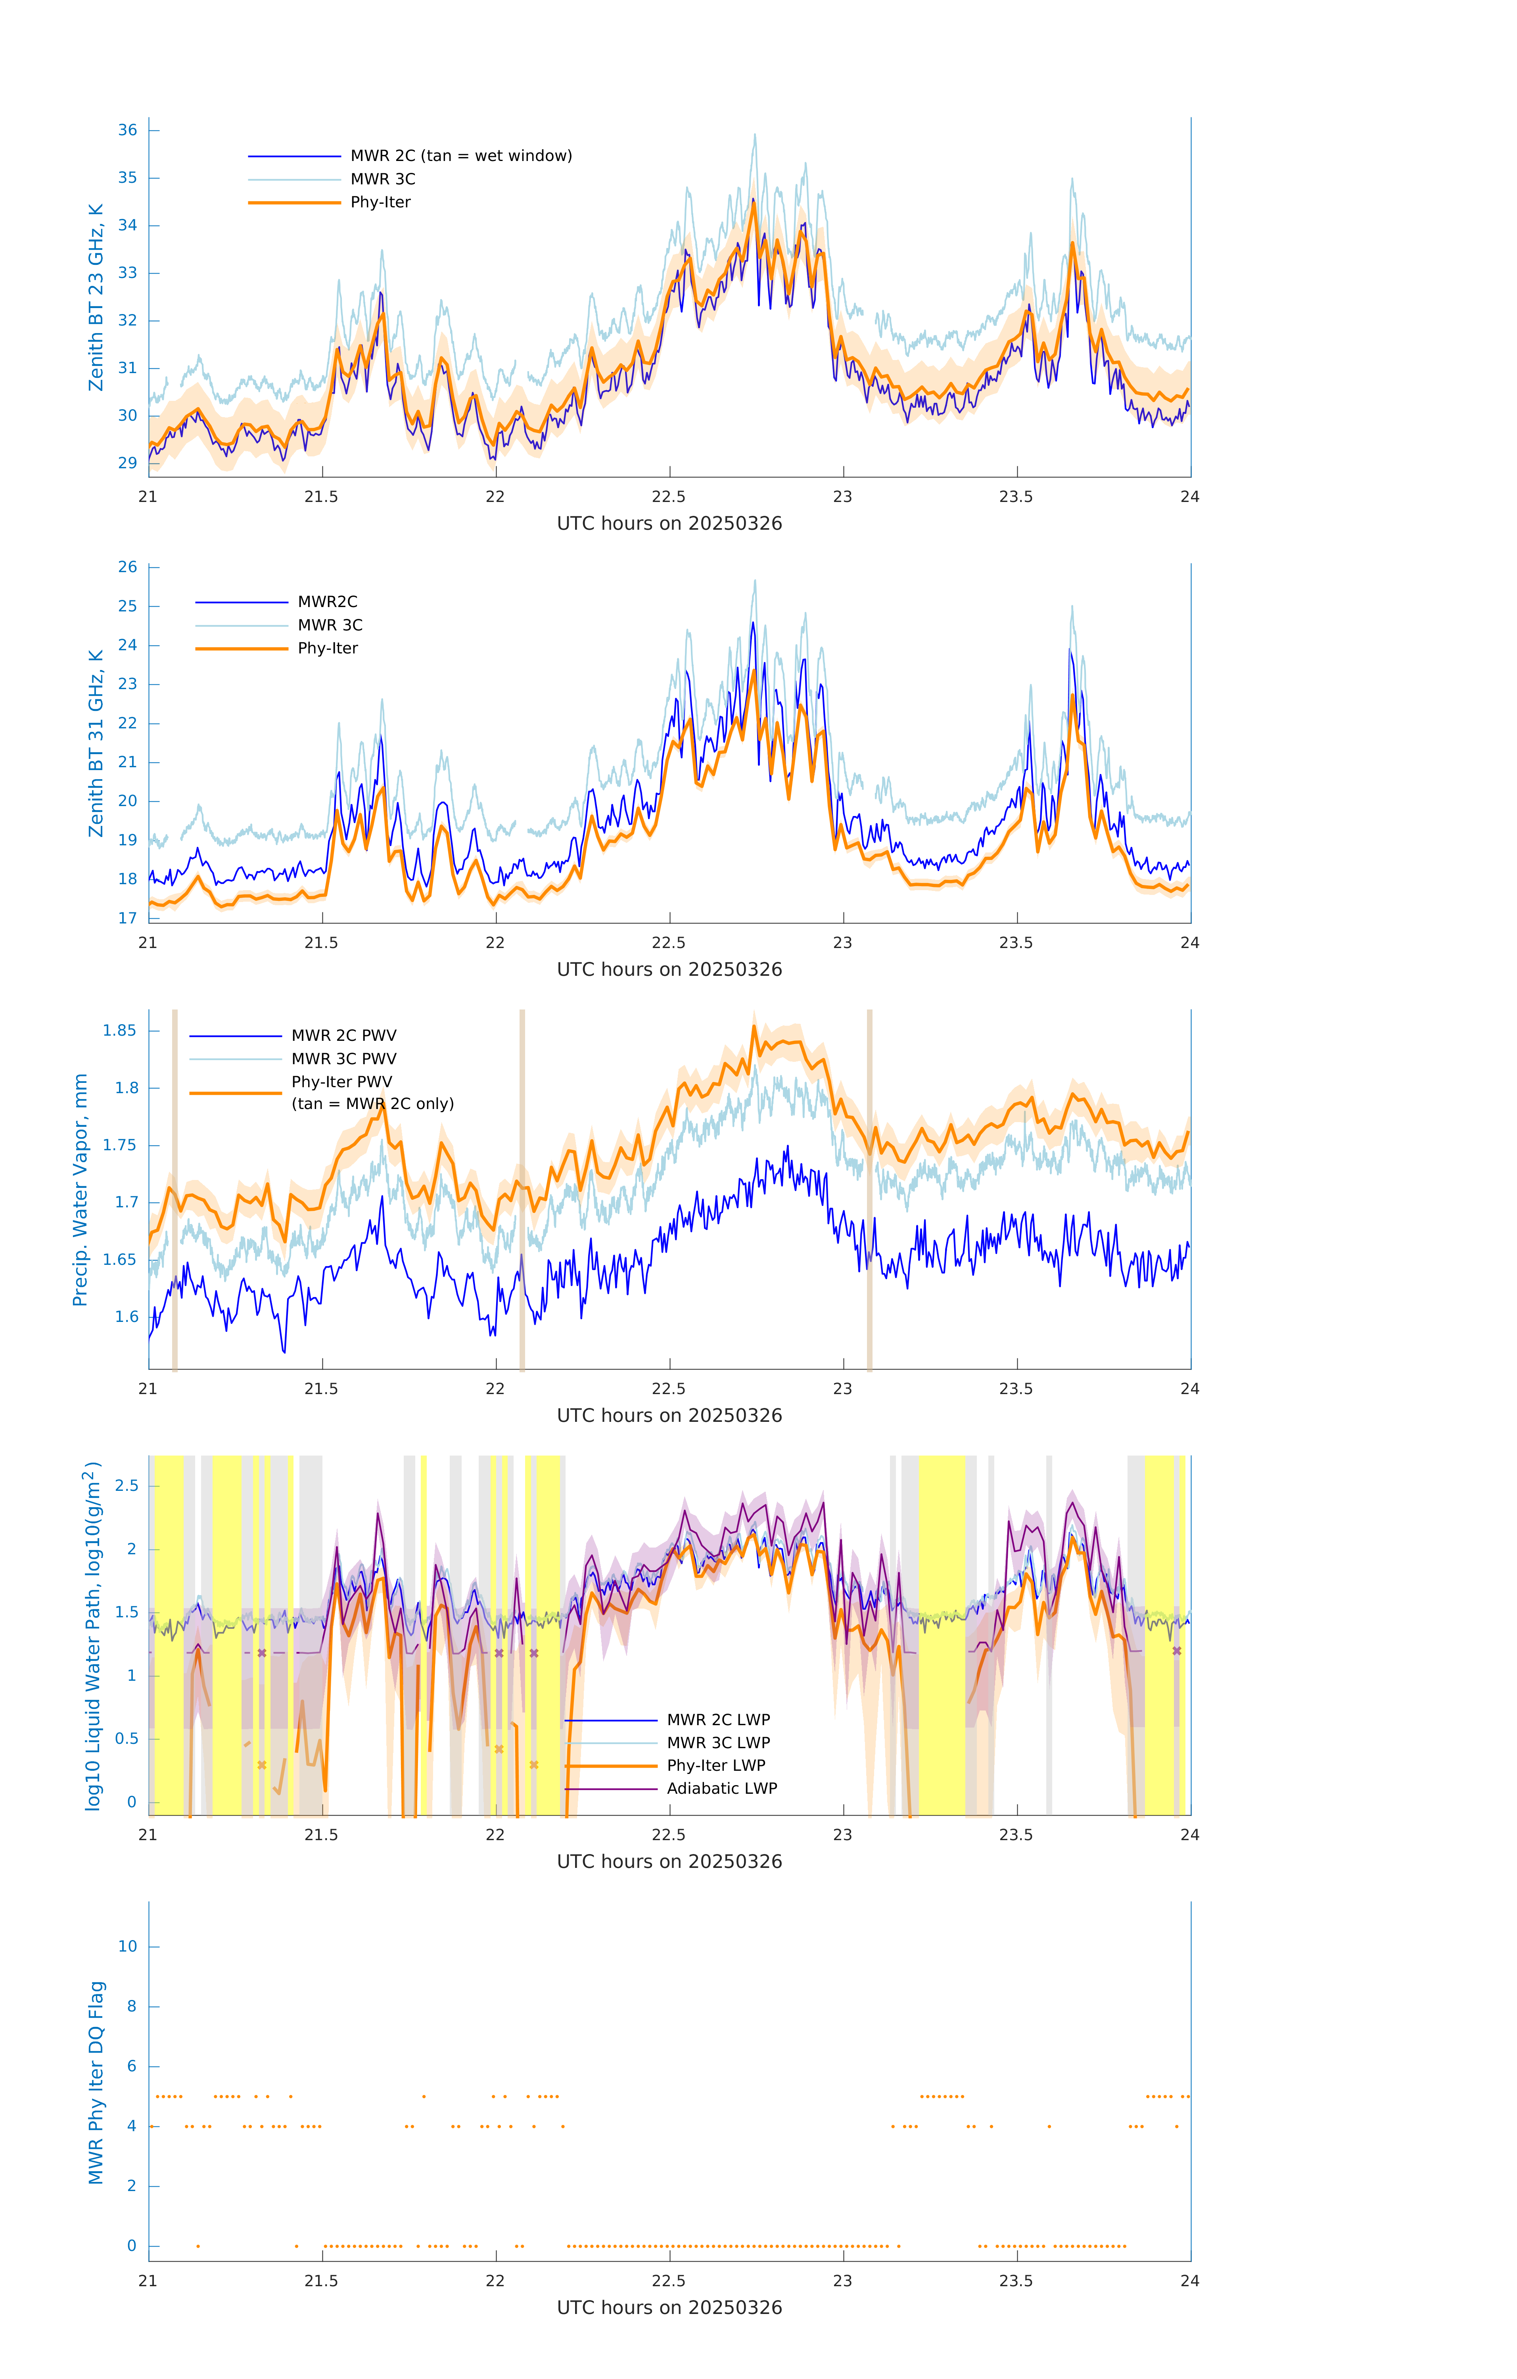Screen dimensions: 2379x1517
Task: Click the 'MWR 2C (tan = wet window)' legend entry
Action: coord(460,156)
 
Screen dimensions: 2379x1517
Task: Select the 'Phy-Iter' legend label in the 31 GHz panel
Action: coord(327,648)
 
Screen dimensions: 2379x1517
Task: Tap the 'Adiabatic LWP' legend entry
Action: coord(721,1788)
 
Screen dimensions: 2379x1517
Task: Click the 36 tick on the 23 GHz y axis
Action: coord(127,130)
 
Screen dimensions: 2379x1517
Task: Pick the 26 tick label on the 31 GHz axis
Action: coord(127,567)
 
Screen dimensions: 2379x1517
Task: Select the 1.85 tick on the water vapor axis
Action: coord(120,1031)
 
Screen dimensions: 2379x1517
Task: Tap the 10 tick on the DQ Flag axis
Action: coord(127,1946)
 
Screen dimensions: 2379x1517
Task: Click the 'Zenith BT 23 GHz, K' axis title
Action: coord(96,297)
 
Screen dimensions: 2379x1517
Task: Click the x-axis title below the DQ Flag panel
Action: coord(669,2308)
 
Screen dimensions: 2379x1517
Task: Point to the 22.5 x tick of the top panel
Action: coord(669,497)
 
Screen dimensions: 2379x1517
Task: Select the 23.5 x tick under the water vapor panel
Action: coord(1016,1389)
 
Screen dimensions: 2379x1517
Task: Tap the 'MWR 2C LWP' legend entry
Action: coord(717,1720)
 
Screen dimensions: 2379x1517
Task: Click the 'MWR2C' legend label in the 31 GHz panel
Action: coord(327,601)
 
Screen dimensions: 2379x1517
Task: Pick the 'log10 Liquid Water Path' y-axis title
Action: coord(92,1635)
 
